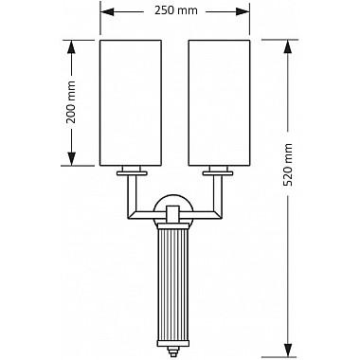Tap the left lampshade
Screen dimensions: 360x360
click(x=131, y=102)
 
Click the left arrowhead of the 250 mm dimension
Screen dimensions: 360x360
click(x=105, y=11)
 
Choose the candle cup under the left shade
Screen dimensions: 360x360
click(x=131, y=171)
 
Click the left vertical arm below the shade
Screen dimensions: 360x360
click(x=129, y=194)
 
